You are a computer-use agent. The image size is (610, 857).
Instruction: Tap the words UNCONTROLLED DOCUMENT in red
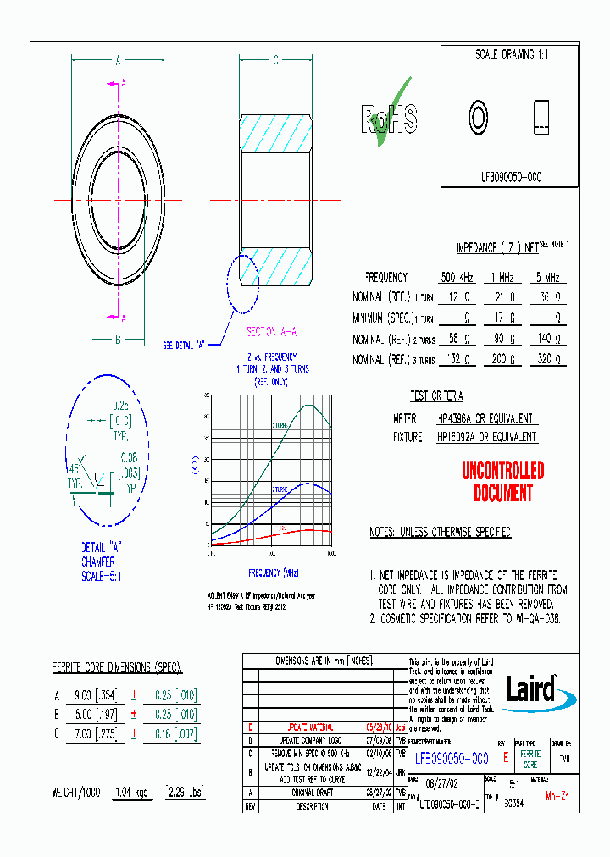pos(502,482)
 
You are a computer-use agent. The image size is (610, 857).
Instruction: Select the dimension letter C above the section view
pos(276,60)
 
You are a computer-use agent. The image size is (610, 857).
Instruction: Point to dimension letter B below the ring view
pos(118,339)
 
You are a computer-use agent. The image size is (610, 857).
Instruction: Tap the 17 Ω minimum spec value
pos(505,318)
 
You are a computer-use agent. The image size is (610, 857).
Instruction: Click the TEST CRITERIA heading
pos(436,396)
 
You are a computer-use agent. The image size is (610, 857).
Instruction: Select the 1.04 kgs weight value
pos(132,793)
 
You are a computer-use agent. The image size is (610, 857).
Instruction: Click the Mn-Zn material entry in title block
pos(556,796)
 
